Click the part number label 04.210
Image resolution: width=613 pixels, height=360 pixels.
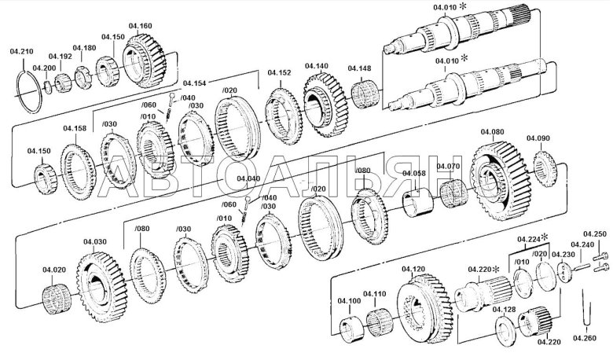(x=21, y=51)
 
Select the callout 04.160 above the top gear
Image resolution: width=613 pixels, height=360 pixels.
(x=141, y=26)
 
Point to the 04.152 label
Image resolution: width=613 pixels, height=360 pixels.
(x=279, y=73)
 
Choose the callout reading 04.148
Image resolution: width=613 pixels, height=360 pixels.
(x=360, y=68)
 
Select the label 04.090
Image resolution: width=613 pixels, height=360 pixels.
(x=538, y=138)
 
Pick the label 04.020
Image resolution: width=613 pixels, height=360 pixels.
(x=54, y=270)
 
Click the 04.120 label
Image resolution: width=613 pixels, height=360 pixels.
(x=413, y=269)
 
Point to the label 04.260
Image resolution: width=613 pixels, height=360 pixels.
(x=585, y=337)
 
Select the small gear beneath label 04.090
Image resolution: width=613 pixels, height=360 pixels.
(x=545, y=166)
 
